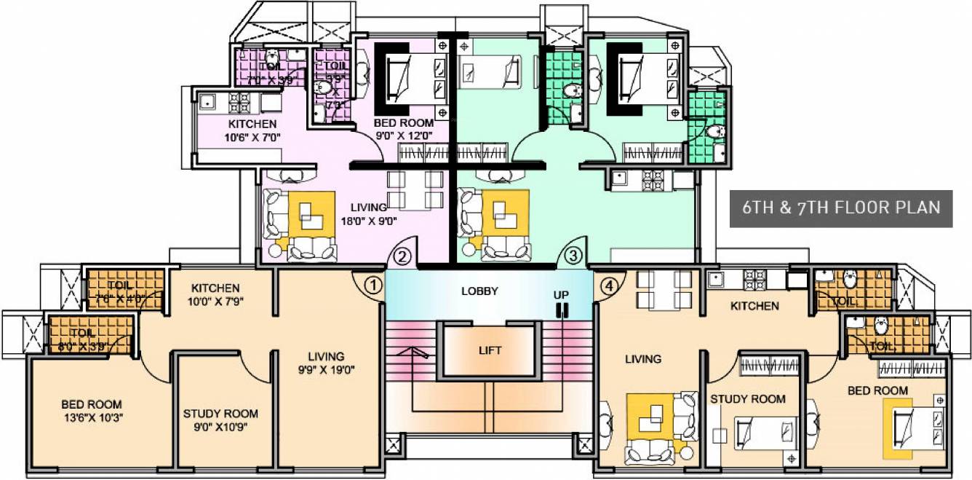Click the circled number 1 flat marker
pyautogui.click(x=373, y=285)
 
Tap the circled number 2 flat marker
pyautogui.click(x=405, y=256)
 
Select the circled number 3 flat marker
pyautogui.click(x=574, y=256)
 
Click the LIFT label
pyautogui.click(x=490, y=350)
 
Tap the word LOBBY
pyautogui.click(x=480, y=291)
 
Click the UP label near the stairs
pyautogui.click(x=561, y=295)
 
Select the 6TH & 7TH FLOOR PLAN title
pyautogui.click(x=840, y=208)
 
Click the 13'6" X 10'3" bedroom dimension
pyautogui.click(x=92, y=418)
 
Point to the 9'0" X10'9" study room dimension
pyautogui.click(x=220, y=428)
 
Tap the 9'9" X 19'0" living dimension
pyautogui.click(x=325, y=369)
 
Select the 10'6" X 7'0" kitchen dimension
pyautogui.click(x=252, y=137)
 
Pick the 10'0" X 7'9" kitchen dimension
pyautogui.click(x=216, y=302)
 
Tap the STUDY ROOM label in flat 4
pyautogui.click(x=748, y=399)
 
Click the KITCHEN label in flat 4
pyautogui.click(x=754, y=306)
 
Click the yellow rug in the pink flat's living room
pyautogui.click(x=311, y=213)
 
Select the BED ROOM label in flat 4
pyautogui.click(x=877, y=391)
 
